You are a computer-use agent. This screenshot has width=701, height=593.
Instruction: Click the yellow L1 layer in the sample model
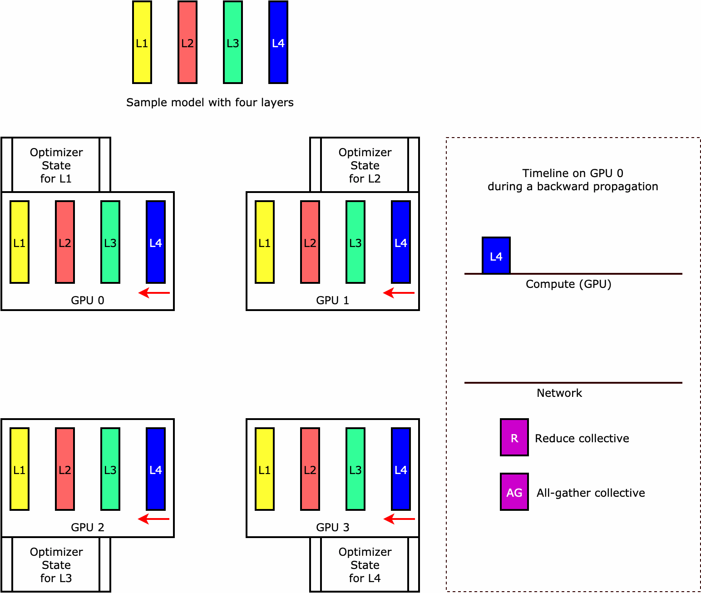click(142, 42)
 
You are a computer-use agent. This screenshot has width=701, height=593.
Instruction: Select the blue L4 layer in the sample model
click(278, 42)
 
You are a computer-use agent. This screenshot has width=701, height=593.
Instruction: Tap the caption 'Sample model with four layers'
click(210, 103)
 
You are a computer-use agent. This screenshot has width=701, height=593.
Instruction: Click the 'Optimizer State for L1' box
click(56, 165)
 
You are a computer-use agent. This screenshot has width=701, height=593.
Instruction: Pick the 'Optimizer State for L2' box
click(365, 165)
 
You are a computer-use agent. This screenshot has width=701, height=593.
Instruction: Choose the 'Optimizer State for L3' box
click(56, 565)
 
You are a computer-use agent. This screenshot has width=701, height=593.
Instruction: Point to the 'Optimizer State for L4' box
click(365, 565)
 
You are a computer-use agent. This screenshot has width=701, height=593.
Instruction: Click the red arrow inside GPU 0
click(154, 293)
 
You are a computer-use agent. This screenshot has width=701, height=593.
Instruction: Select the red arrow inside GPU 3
click(399, 519)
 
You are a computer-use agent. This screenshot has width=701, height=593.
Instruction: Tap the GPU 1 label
click(332, 301)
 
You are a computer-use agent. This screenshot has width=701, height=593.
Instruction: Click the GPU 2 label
click(88, 528)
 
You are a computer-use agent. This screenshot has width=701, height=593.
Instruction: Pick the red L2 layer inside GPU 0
click(65, 242)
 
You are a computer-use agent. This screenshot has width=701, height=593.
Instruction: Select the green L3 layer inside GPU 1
click(355, 242)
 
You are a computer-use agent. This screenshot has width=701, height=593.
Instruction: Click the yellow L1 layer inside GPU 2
click(20, 469)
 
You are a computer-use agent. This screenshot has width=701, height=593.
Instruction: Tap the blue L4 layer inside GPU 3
click(401, 469)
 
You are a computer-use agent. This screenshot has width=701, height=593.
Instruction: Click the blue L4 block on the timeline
click(496, 256)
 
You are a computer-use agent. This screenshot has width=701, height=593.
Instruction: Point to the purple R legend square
click(514, 437)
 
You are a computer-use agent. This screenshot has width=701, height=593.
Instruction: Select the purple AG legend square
click(514, 492)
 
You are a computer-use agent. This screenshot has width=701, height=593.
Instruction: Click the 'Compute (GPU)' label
click(568, 284)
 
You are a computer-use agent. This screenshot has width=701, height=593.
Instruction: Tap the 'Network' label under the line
click(559, 393)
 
